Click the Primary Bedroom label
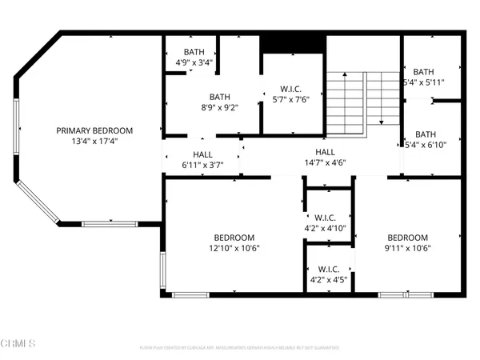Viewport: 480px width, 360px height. tap(94, 130)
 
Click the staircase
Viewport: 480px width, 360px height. tap(352, 102)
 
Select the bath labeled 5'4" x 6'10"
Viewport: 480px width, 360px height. tap(425, 140)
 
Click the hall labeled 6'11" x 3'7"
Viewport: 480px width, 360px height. tap(202, 160)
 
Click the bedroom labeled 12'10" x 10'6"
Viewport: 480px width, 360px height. tap(234, 242)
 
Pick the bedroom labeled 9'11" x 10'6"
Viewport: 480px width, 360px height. tap(408, 242)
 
